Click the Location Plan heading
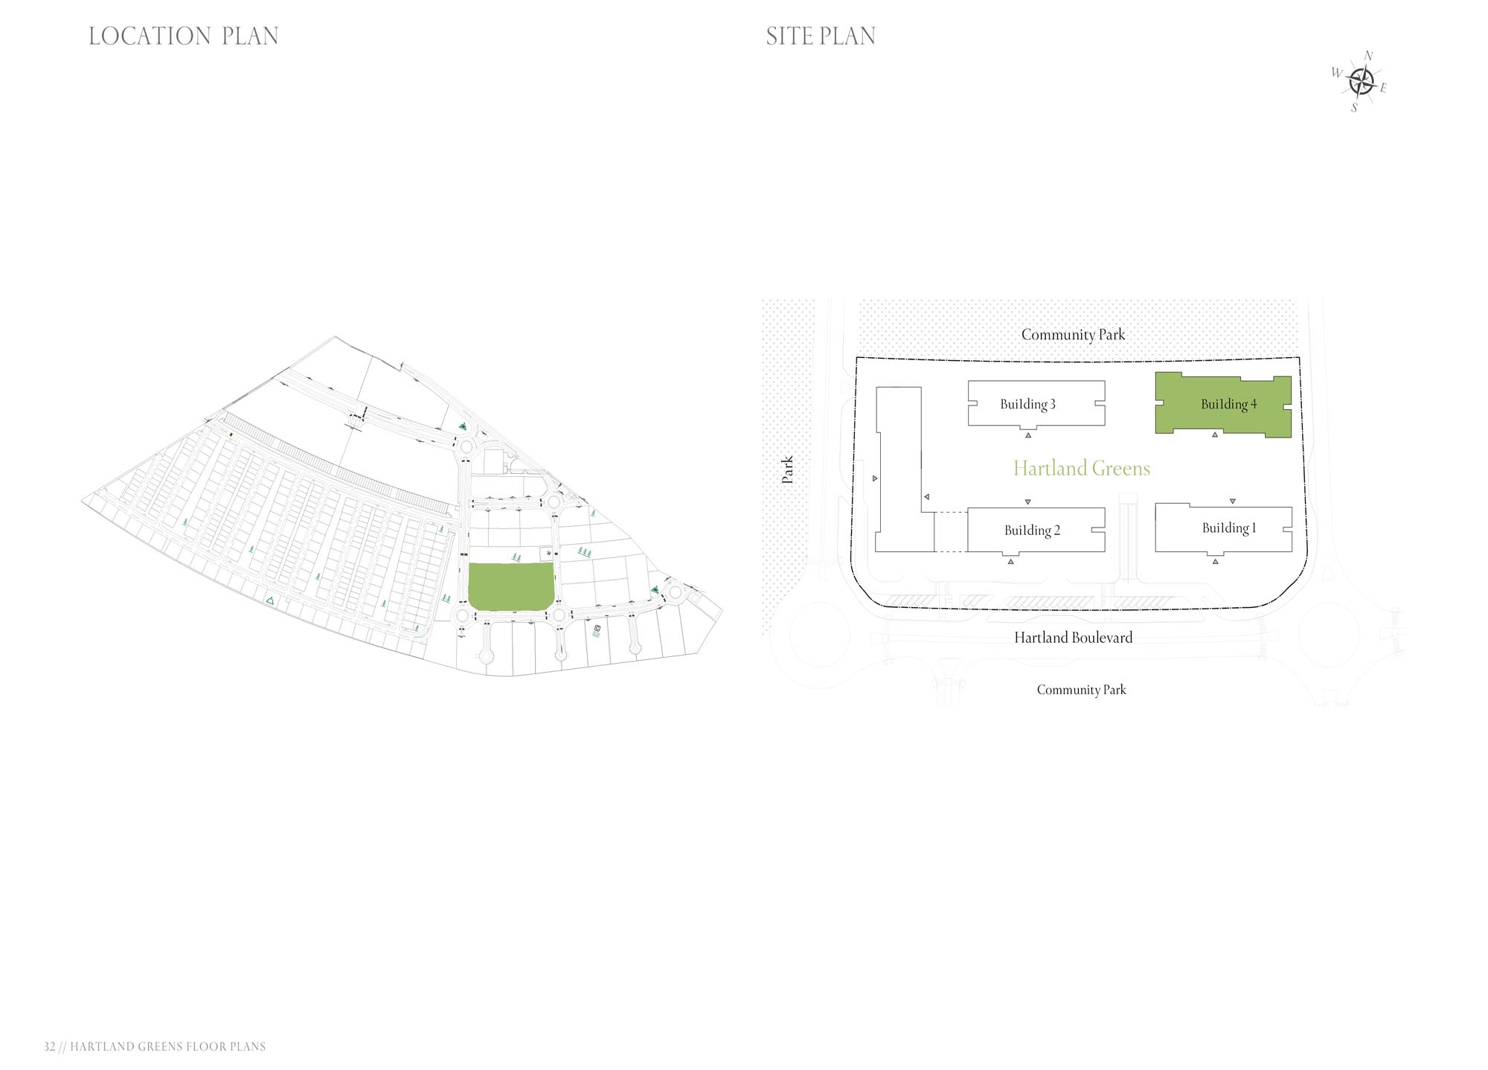pyautogui.click(x=184, y=36)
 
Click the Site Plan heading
pyautogui.click(x=821, y=36)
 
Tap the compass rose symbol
pyautogui.click(x=1362, y=81)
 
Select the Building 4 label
pyautogui.click(x=1228, y=404)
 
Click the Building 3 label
pyautogui.click(x=1027, y=404)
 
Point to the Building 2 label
pyautogui.click(x=1032, y=530)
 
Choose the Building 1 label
pyautogui.click(x=1229, y=528)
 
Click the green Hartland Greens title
pyautogui.click(x=1082, y=468)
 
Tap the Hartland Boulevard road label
pyautogui.click(x=1074, y=637)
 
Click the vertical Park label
pyautogui.click(x=787, y=470)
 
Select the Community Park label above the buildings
pyautogui.click(x=1073, y=335)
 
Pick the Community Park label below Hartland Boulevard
pyautogui.click(x=1081, y=690)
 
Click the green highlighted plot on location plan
pyautogui.click(x=511, y=586)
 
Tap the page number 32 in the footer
pyautogui.click(x=50, y=1046)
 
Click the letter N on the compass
pyautogui.click(x=1368, y=56)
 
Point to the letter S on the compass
pyautogui.click(x=1354, y=108)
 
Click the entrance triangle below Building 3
pyautogui.click(x=1028, y=435)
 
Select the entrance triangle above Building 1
pyautogui.click(x=1233, y=502)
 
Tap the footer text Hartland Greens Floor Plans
pyautogui.click(x=168, y=1046)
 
